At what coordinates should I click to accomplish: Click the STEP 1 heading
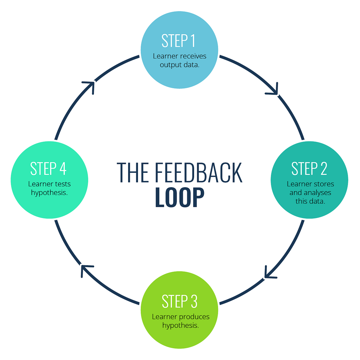(179, 41)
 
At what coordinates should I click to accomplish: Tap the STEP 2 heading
(309, 169)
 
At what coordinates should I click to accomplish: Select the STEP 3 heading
(179, 301)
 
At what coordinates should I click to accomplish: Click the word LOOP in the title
(179, 198)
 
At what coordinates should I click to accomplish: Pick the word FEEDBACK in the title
(198, 173)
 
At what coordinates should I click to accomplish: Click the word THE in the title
(132, 173)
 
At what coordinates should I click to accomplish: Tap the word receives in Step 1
(193, 56)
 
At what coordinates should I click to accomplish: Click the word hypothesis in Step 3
(180, 325)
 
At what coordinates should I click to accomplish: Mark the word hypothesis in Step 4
(49, 192)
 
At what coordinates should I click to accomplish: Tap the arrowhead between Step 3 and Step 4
(85, 269)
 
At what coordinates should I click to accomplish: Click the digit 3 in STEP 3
(193, 301)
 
